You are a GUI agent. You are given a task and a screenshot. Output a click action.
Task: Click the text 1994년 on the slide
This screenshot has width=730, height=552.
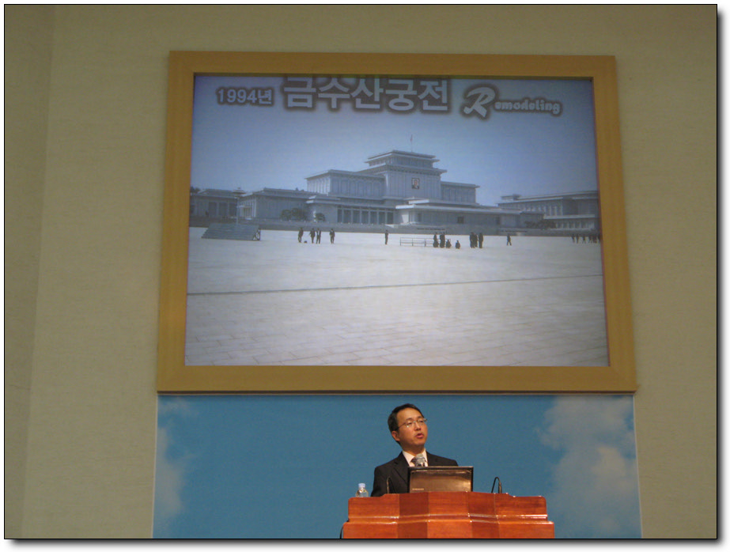(244, 96)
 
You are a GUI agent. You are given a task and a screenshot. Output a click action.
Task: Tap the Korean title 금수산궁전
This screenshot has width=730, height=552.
(366, 94)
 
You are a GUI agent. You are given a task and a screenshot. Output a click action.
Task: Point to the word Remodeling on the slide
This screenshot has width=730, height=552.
(512, 102)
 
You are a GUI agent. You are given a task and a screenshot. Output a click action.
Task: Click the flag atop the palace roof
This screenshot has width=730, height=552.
(411, 138)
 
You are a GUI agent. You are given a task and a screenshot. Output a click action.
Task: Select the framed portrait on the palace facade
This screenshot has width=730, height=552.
(415, 183)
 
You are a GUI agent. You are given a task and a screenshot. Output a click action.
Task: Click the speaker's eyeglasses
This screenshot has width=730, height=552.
(412, 424)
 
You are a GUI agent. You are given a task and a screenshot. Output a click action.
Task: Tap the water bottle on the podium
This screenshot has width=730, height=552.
(361, 490)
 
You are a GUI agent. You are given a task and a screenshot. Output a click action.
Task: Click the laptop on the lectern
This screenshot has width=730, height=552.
(441, 479)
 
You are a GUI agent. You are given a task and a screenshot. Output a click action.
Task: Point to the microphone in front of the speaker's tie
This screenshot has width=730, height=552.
(419, 461)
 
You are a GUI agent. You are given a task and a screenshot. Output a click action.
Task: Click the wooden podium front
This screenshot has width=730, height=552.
(448, 516)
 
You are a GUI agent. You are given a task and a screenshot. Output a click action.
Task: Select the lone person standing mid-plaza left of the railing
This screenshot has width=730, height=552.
(387, 237)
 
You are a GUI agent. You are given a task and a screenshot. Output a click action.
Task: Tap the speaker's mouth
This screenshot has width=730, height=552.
(420, 436)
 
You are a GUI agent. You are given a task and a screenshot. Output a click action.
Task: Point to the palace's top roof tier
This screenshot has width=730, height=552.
(402, 156)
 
